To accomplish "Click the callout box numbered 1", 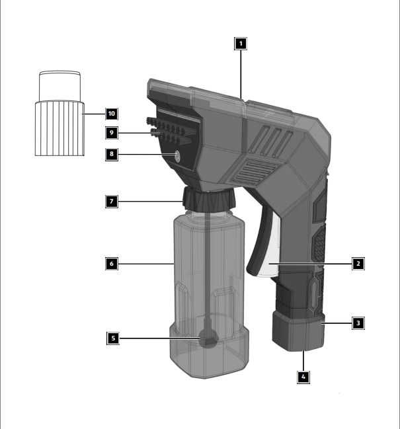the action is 241,44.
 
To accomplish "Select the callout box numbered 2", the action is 358,264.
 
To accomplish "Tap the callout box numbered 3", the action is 358,323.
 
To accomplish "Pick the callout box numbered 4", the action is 303,377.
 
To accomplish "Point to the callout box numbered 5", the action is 113,338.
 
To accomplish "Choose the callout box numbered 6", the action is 112,264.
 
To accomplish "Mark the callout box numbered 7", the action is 112,202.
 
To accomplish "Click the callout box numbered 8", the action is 112,154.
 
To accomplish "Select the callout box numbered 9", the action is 112,133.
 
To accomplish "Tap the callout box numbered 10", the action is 112,114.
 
